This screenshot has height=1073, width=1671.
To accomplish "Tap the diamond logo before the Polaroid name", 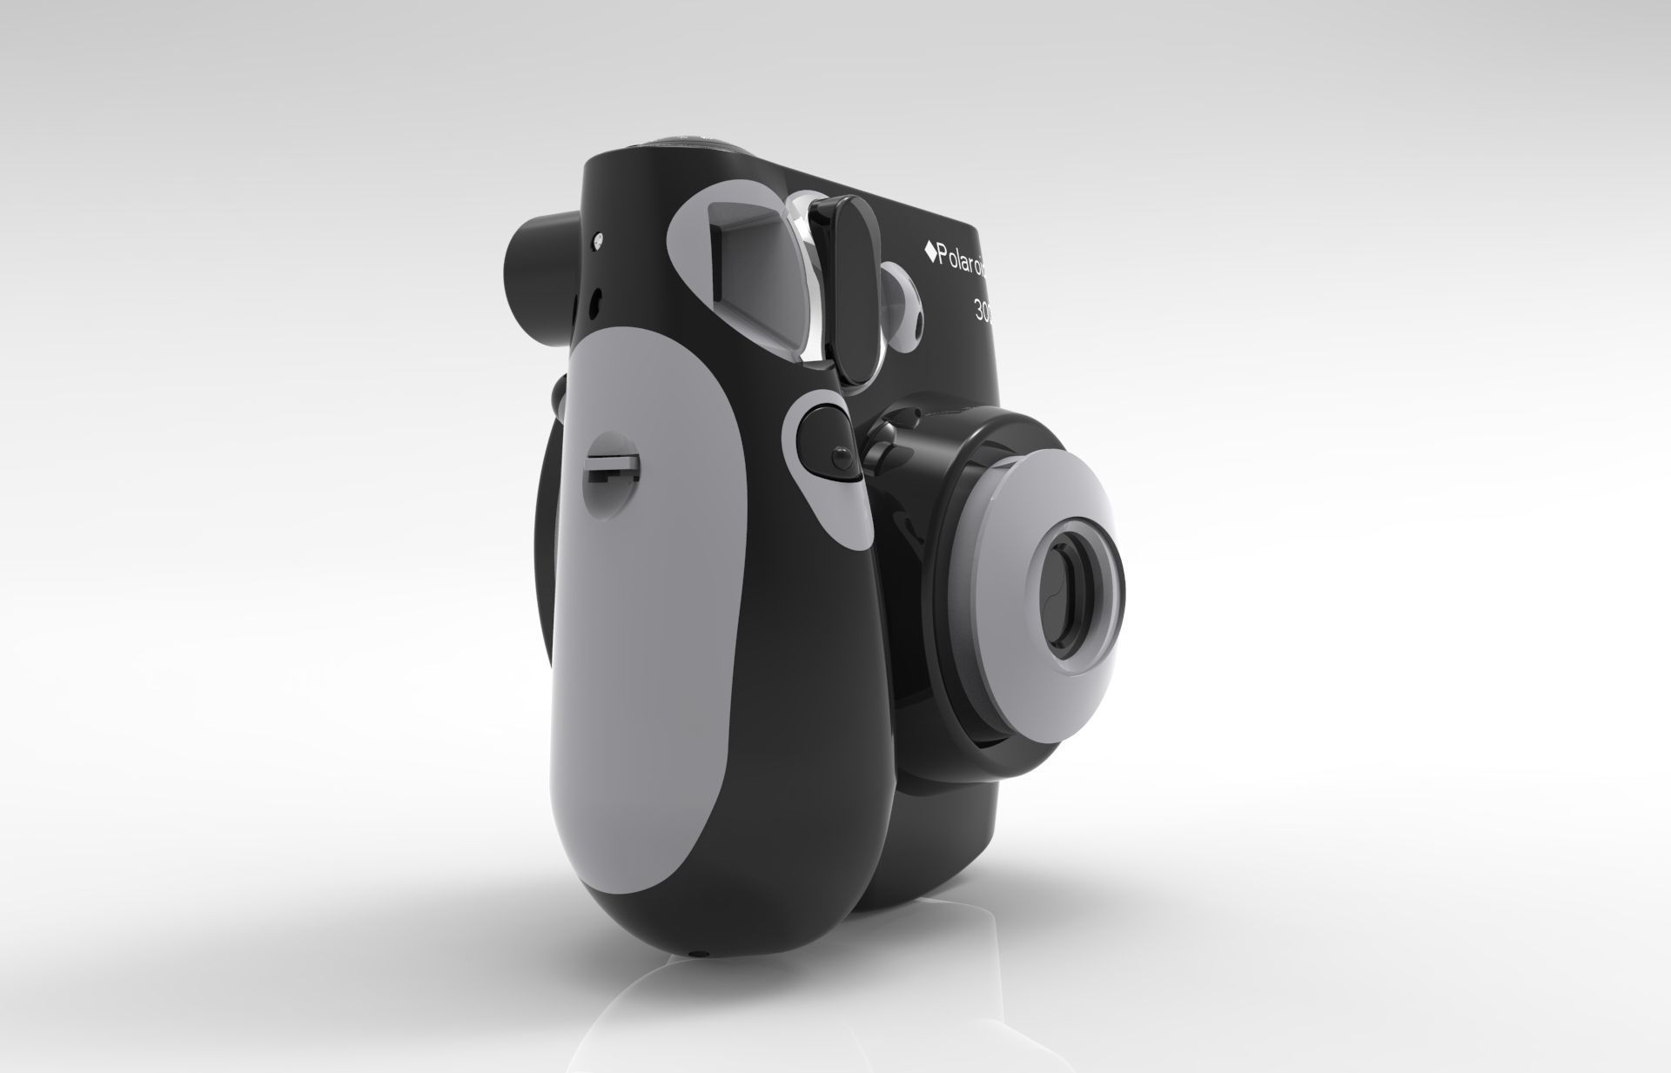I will click(x=929, y=251).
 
